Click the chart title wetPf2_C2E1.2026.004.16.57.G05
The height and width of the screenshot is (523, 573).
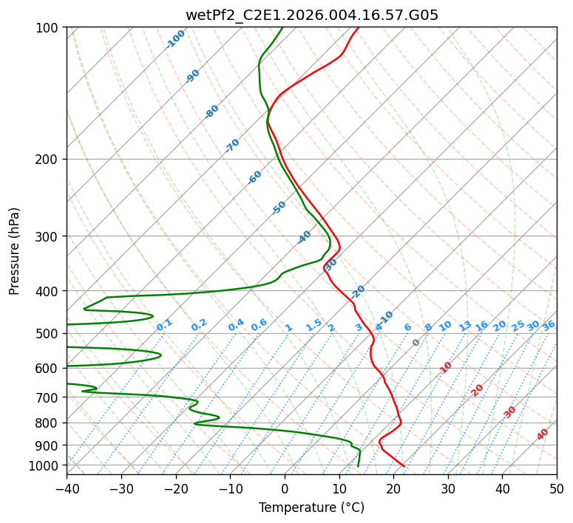coord(311,15)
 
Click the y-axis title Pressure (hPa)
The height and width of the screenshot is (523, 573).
coord(15,251)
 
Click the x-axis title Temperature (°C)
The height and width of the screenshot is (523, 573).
coord(311,507)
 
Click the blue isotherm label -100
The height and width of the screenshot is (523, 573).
coord(175,39)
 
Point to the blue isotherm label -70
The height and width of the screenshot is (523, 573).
coord(232,146)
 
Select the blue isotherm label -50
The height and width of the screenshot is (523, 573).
coord(279,208)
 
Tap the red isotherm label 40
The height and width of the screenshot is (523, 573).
coord(543,434)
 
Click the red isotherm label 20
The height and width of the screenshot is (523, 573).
coord(478,389)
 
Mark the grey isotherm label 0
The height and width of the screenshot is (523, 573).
coord(416,343)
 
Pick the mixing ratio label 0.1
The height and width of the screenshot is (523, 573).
coord(164,324)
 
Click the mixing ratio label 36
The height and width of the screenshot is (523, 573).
coord(549,325)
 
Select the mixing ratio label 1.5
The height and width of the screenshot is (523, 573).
coord(313,324)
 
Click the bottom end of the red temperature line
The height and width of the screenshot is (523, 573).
coord(404,466)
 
